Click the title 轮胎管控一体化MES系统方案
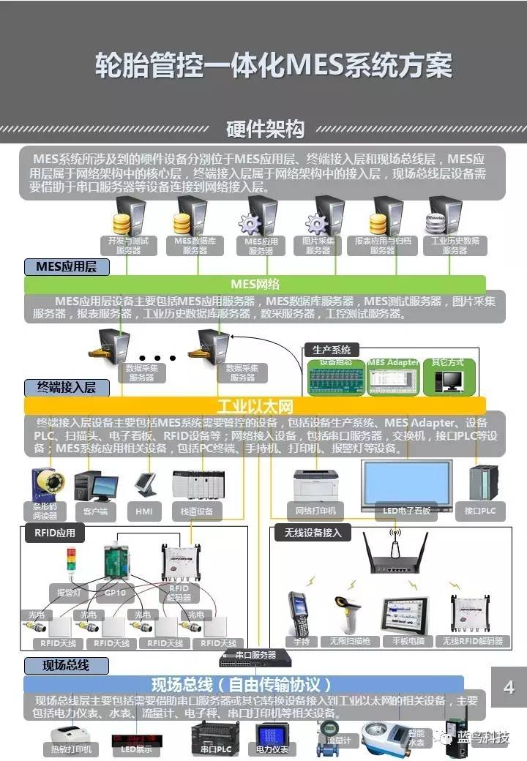click(274, 66)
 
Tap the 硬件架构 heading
click(265, 130)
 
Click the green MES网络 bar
click(255, 284)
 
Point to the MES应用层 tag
click(67, 266)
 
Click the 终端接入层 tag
click(67, 387)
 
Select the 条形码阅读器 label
click(45, 510)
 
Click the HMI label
click(143, 511)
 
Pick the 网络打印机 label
click(315, 510)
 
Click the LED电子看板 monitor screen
click(407, 480)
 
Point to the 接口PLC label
click(480, 511)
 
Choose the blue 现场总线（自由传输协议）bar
click(242, 685)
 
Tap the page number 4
click(509, 687)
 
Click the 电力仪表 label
click(273, 749)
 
